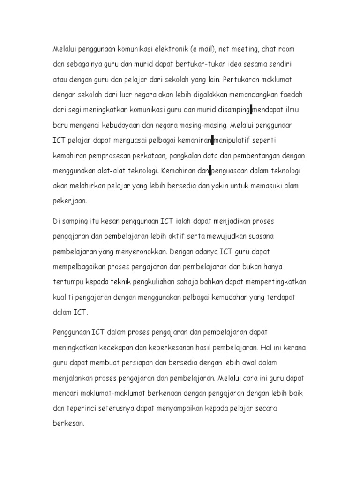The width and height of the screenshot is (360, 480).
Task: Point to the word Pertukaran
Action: (244, 79)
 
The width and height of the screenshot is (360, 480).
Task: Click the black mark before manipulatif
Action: (212, 140)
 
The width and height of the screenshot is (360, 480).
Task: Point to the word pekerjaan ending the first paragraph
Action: (69, 201)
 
